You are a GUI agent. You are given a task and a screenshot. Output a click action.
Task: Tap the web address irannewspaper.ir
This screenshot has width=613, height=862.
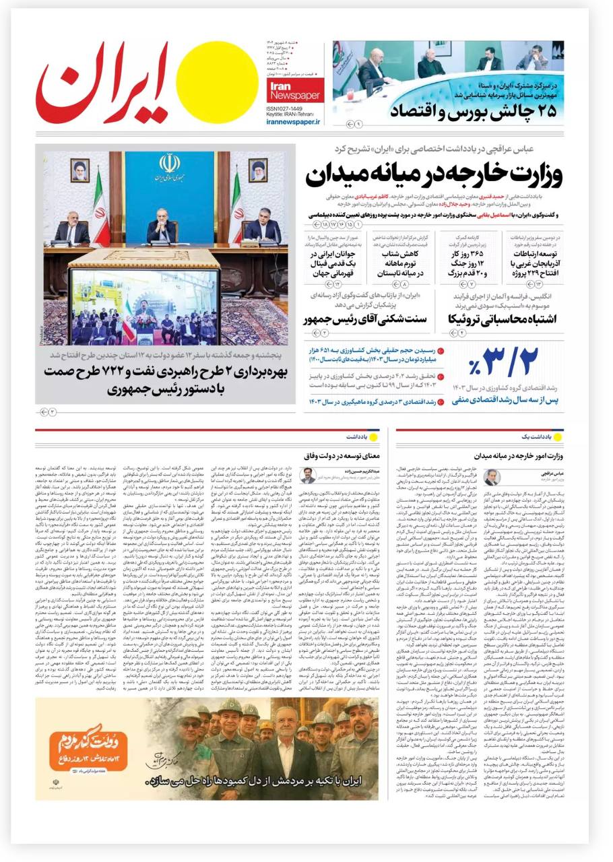(x=294, y=122)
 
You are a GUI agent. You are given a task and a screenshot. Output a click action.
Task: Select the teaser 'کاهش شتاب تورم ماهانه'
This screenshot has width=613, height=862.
(x=403, y=263)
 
